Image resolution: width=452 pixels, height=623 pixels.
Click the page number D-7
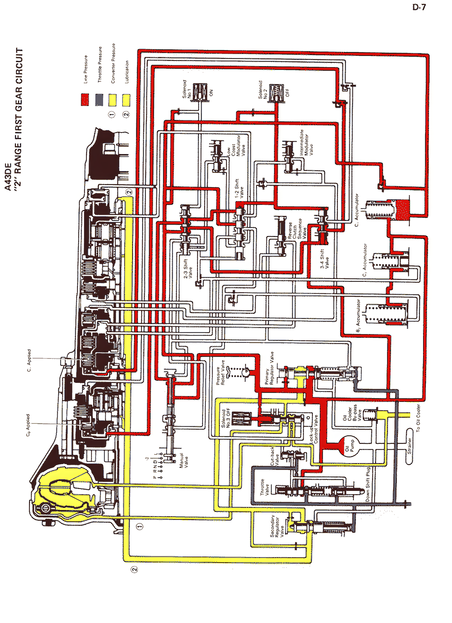click(419, 7)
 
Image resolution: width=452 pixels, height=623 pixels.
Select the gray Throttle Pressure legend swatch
click(99, 100)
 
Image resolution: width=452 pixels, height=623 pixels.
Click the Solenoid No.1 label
click(187, 89)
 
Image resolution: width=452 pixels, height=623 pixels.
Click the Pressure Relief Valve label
click(220, 372)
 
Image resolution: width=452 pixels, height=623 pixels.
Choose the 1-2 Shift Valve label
click(239, 189)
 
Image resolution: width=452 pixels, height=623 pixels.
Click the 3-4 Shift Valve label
click(324, 259)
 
